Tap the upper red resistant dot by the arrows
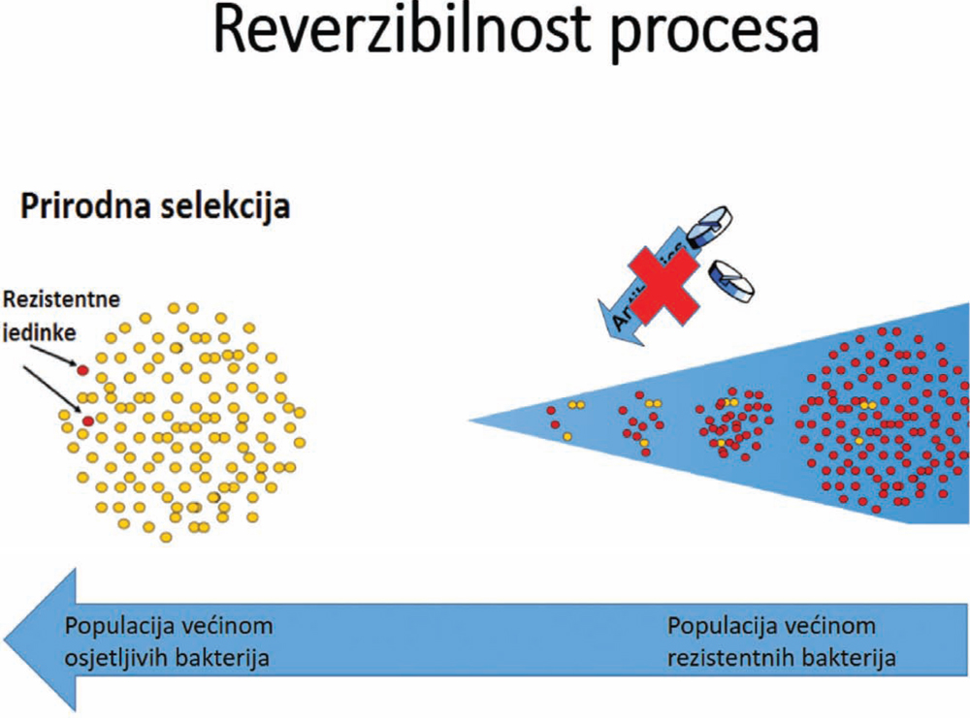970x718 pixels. click(x=82, y=369)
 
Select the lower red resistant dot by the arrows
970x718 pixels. click(x=88, y=421)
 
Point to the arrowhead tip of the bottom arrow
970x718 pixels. click(x=8, y=640)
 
